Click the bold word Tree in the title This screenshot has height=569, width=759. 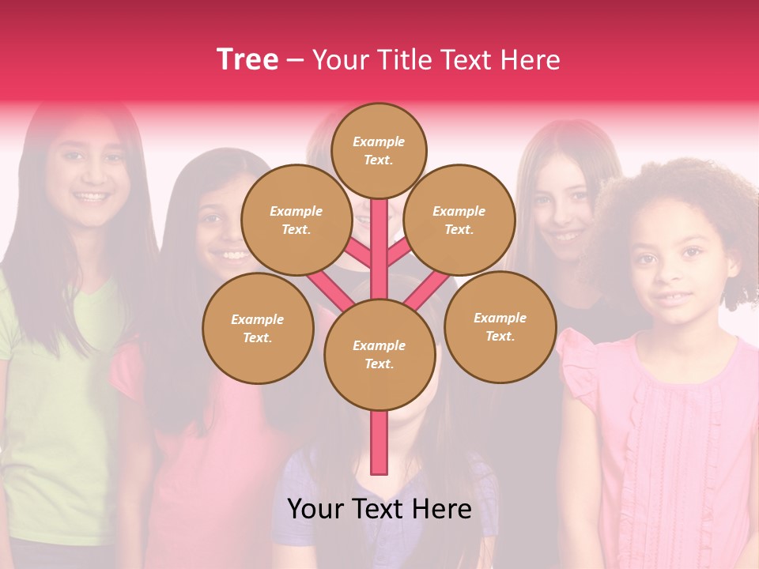coord(247,59)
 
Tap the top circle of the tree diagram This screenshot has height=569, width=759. coord(379,150)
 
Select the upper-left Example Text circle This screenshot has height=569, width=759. coord(296,220)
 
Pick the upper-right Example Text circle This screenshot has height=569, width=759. coord(459,220)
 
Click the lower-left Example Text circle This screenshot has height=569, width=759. coord(258,328)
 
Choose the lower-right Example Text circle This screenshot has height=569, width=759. coord(500,326)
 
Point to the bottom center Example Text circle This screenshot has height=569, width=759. coord(379,354)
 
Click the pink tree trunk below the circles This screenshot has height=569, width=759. coord(379,443)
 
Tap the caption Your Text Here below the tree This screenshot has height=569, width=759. coord(379,510)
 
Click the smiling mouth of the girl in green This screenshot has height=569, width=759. coord(90,196)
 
